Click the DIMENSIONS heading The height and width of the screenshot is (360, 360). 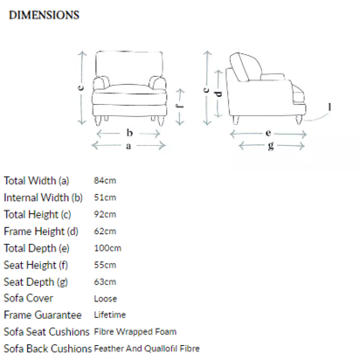click(x=44, y=15)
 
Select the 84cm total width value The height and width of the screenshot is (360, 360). click(x=105, y=181)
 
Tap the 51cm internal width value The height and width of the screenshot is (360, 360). click(x=105, y=197)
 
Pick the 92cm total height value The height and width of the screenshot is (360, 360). click(x=105, y=214)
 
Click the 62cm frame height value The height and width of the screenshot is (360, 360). click(x=105, y=232)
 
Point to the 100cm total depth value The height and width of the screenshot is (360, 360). click(x=107, y=248)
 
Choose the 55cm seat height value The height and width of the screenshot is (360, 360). click(x=105, y=265)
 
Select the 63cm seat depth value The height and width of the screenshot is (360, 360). click(x=105, y=282)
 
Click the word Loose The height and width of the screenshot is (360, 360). click(x=106, y=299)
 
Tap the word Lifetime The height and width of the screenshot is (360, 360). click(x=110, y=315)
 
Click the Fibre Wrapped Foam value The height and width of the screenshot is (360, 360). click(x=135, y=332)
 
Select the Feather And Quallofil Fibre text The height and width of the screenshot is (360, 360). click(x=147, y=349)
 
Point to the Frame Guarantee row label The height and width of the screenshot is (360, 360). click(x=43, y=315)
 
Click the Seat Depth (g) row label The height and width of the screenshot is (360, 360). click(x=36, y=282)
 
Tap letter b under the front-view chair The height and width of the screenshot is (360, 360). click(x=129, y=133)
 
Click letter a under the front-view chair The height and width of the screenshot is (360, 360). click(x=128, y=146)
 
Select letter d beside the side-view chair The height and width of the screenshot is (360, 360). click(x=218, y=93)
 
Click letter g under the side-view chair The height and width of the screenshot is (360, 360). click(x=271, y=146)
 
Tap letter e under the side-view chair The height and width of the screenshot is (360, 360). click(x=268, y=134)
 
